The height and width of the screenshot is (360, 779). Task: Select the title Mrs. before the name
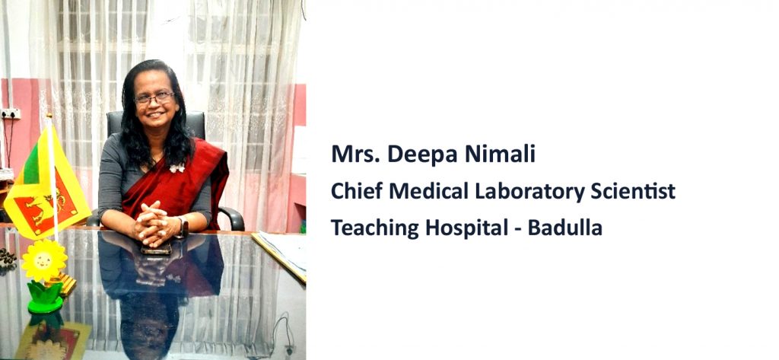[x=356, y=155]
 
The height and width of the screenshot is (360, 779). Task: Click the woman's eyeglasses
[x=154, y=98]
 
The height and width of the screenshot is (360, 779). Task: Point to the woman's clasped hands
[x=152, y=225]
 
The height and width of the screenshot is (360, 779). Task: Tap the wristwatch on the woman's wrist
[x=184, y=227]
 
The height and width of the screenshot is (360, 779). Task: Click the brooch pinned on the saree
[x=176, y=168]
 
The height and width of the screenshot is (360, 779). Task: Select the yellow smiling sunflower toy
[x=44, y=260]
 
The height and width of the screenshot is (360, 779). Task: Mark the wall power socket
[x=11, y=114]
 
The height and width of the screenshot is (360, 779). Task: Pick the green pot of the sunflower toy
[x=46, y=298]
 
